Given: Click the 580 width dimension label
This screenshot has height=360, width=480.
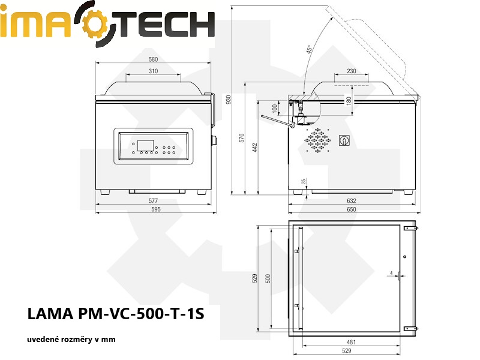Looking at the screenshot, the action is tap(153, 59).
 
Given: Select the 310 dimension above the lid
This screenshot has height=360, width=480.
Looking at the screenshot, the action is tap(153, 71).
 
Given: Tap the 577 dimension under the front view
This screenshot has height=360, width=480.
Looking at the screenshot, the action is tap(153, 201).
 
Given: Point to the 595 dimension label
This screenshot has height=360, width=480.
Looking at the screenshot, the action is tap(156, 209).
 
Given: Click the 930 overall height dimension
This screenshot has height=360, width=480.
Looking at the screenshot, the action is tap(228, 100).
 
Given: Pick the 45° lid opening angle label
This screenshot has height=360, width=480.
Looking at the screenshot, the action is tap(309, 49).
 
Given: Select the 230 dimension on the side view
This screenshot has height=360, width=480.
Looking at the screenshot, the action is tap(352, 71).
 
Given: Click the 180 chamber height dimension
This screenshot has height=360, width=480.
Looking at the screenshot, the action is tap(349, 101).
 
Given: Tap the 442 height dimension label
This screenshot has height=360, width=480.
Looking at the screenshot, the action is tap(254, 147).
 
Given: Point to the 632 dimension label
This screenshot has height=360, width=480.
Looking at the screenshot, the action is tap(352, 201).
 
